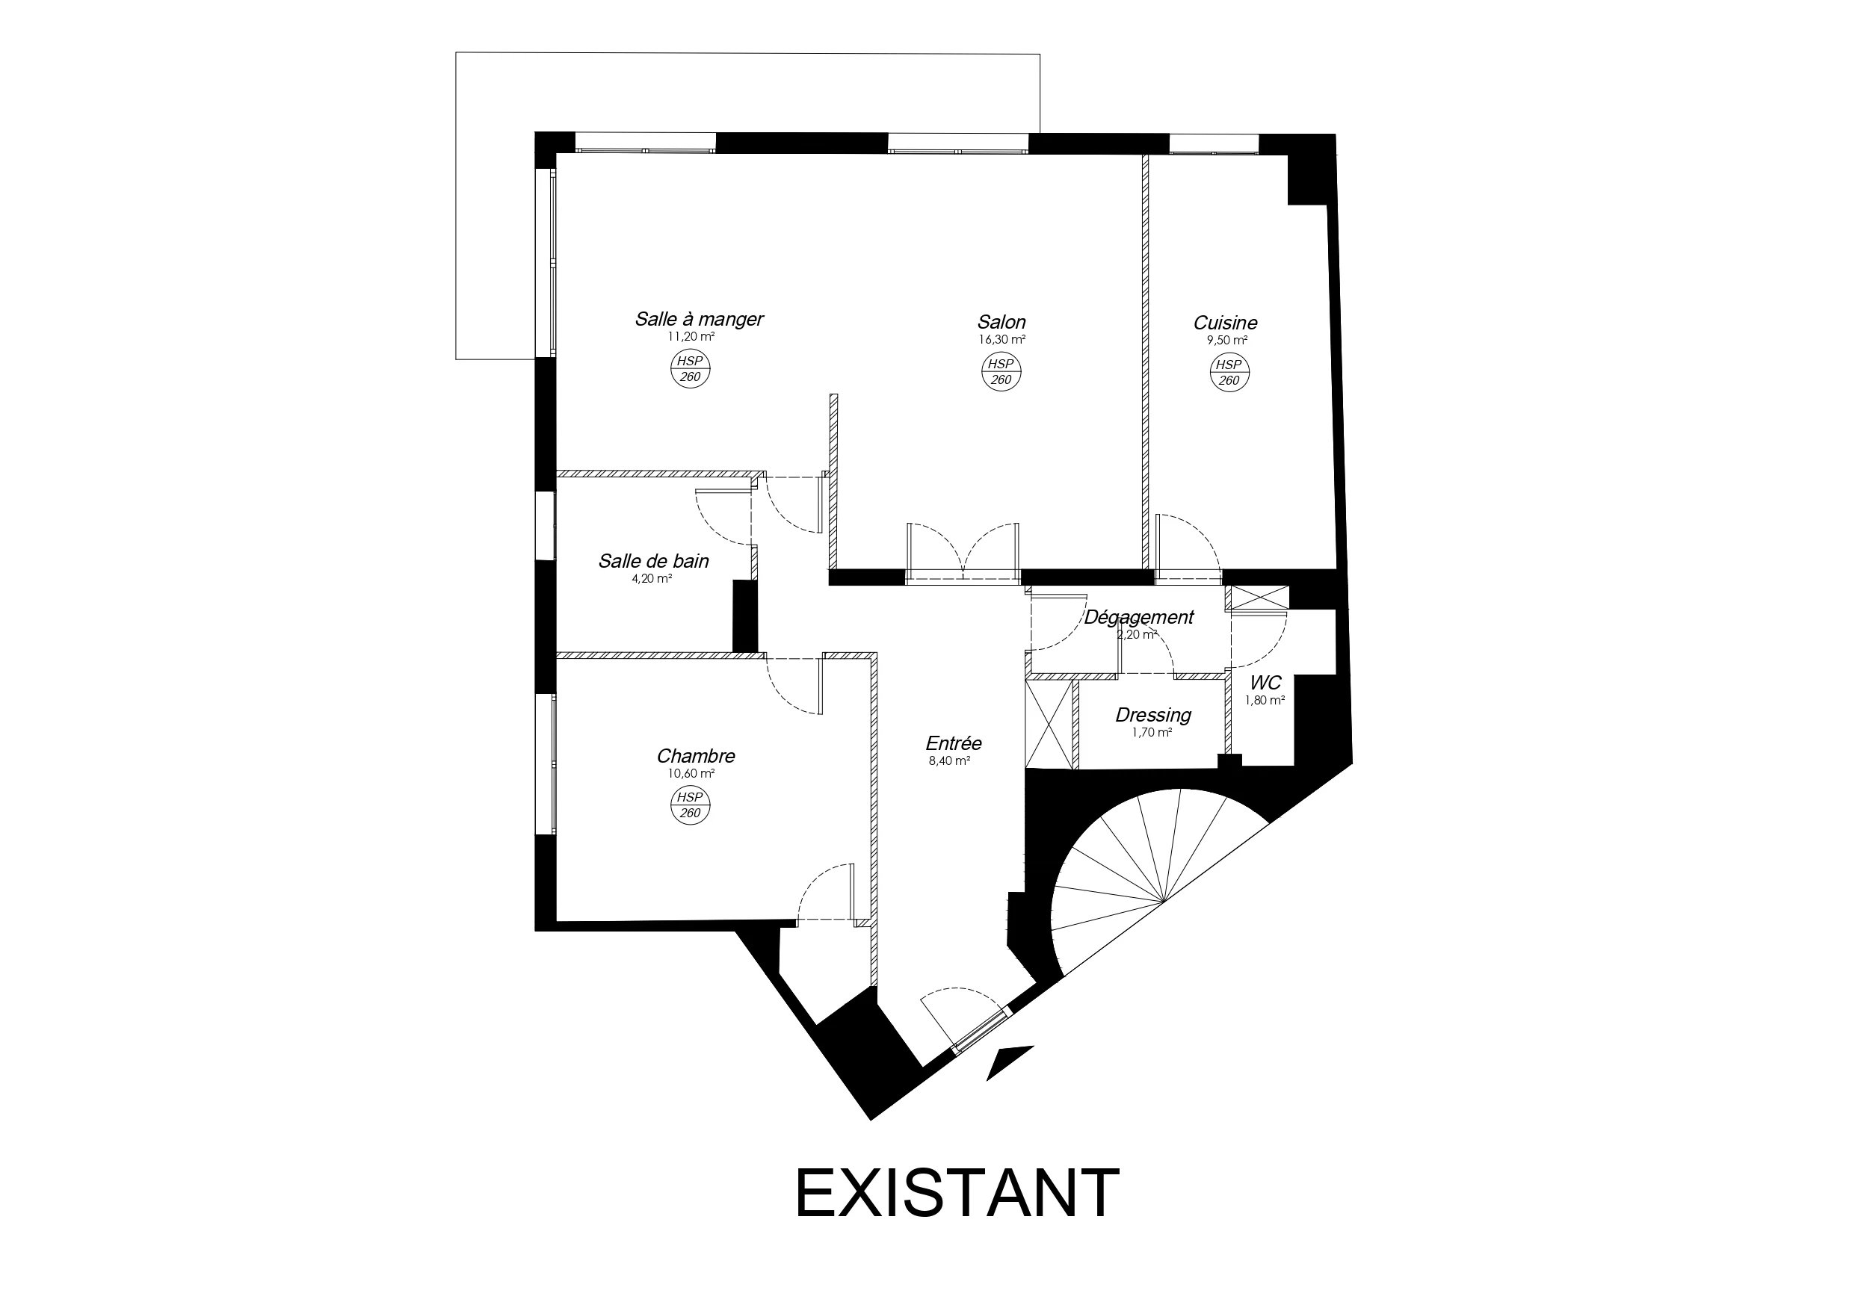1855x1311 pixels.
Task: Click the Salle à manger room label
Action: tap(699, 319)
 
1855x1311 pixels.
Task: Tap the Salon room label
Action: tap(1001, 321)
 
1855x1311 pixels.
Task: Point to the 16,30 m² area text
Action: tap(1001, 340)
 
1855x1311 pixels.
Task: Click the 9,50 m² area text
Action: tap(1227, 340)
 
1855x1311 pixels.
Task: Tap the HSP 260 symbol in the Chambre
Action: tap(691, 805)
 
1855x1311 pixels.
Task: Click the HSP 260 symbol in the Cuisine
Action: tap(1229, 372)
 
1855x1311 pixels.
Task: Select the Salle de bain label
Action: tap(654, 560)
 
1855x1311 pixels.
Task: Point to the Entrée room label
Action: tap(954, 743)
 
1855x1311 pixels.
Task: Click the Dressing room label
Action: tap(1153, 715)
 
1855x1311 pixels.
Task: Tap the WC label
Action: tap(1265, 684)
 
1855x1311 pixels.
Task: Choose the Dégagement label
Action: tap(1138, 617)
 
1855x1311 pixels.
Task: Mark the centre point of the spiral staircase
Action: tap(1164, 902)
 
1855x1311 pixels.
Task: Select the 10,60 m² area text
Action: tap(691, 773)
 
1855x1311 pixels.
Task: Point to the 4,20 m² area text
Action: tap(652, 578)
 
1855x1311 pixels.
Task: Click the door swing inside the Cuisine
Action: tap(1188, 546)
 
